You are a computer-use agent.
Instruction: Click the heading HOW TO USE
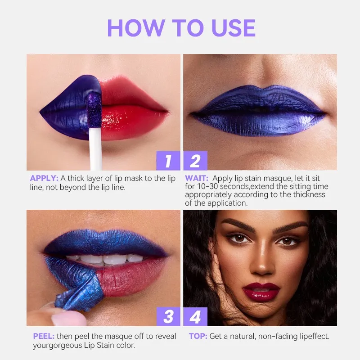click(181, 28)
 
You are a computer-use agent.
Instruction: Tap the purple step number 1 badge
click(168, 161)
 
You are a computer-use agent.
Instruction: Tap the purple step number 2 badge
click(195, 161)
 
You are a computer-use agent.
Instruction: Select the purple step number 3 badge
click(168, 316)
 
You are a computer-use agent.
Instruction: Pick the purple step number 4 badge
click(195, 316)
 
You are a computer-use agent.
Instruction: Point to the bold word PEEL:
click(44, 336)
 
